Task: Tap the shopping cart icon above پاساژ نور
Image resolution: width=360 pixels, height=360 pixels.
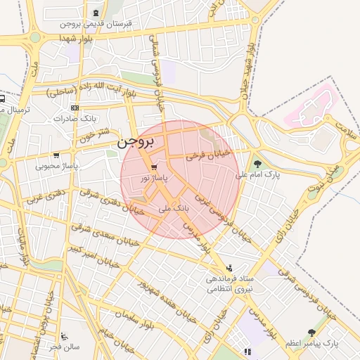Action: (153, 167)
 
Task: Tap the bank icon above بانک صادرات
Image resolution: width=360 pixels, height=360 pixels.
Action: (75, 107)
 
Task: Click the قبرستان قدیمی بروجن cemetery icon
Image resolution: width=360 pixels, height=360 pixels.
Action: (96, 14)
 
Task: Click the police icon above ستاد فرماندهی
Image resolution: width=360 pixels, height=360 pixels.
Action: (229, 268)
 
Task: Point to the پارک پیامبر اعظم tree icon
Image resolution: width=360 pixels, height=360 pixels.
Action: (311, 333)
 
